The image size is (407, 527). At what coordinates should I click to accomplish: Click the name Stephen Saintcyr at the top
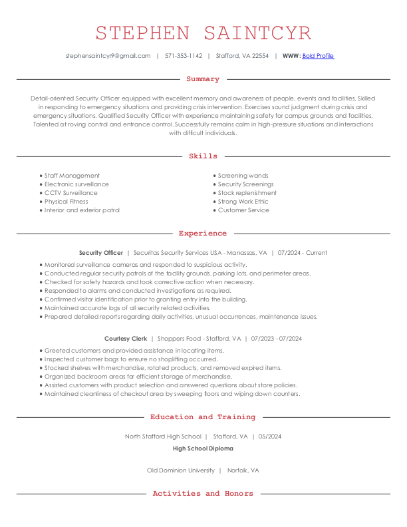[x=203, y=33]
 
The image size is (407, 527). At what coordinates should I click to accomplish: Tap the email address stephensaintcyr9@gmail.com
[x=108, y=56]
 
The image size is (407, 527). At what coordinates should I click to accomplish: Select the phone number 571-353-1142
[x=184, y=56]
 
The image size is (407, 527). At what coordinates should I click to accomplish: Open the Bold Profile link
[x=318, y=56]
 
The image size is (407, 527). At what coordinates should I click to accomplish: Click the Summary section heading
[x=203, y=79]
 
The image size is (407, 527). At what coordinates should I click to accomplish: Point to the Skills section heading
[x=203, y=156]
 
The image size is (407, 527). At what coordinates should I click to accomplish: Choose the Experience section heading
[x=203, y=234]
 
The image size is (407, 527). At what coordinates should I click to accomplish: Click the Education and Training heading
[x=203, y=417]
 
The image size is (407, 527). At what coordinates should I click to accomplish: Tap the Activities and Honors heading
[x=203, y=494]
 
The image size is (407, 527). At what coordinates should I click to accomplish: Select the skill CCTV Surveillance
[x=70, y=193]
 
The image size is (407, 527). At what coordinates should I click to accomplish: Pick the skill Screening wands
[x=243, y=176]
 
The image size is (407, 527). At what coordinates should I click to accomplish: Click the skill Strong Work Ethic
[x=243, y=202]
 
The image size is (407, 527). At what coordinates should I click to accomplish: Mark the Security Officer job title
[x=101, y=253]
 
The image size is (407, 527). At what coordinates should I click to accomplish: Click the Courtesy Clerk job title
[x=126, y=339]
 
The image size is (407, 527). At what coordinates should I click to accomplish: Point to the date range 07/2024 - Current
[x=303, y=253]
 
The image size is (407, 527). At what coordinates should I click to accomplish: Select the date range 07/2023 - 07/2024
[x=277, y=339]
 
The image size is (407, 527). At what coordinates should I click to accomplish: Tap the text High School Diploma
[x=203, y=448]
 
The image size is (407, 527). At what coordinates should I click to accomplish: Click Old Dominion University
[x=181, y=470]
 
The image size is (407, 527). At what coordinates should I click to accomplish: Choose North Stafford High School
[x=163, y=437]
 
